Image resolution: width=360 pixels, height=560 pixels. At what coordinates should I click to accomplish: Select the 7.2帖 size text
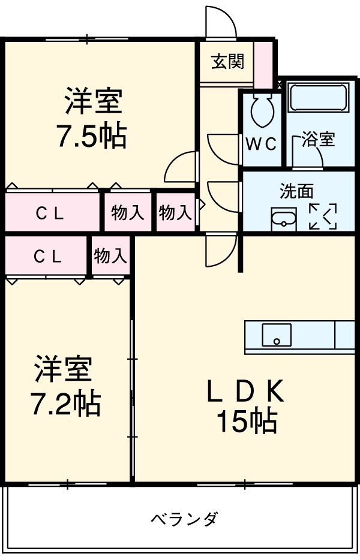coord(65,405)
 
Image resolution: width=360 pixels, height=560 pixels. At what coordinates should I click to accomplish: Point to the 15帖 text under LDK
coord(247,422)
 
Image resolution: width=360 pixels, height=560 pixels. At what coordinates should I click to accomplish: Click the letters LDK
coord(246,392)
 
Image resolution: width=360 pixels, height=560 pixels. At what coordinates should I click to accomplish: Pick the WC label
coord(262,143)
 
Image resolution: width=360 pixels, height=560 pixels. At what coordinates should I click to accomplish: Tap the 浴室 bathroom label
coord(318,140)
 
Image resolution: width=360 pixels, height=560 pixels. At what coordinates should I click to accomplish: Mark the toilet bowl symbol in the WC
coord(262,110)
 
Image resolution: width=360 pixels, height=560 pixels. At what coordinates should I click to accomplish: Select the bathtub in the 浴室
coord(318,97)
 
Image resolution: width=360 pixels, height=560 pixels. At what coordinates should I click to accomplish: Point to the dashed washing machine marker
coord(322,216)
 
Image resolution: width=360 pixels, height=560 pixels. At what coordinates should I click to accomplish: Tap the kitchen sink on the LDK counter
coord(277,335)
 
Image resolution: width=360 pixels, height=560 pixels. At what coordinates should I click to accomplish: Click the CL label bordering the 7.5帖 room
coord(49,213)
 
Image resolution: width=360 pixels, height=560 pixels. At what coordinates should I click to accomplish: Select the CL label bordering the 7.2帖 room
coord(47,257)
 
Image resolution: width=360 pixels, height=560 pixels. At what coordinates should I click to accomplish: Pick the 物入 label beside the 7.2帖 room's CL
coord(110,257)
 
